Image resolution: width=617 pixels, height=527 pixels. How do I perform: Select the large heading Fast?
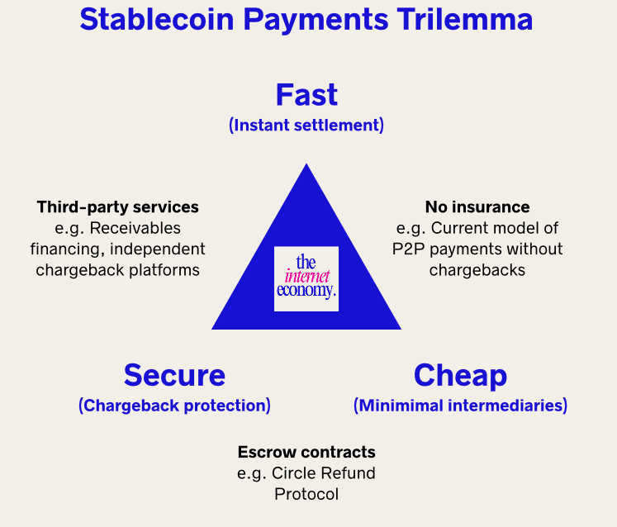pos(306,94)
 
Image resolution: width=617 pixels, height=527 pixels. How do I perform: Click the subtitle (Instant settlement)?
pos(306,126)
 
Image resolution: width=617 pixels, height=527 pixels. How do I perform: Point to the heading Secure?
pos(174,375)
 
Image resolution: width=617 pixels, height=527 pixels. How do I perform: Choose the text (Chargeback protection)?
pos(174,406)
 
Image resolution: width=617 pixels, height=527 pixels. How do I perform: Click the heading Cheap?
pos(460,375)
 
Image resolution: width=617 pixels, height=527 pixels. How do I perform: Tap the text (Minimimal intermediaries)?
pos(460,406)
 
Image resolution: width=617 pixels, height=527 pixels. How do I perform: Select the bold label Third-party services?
pos(118,207)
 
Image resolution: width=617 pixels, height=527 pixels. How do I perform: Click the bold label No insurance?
pos(477,207)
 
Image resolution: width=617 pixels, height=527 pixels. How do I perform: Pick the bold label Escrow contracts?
pos(306,452)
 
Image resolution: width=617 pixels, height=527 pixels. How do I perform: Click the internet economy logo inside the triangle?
pos(306,278)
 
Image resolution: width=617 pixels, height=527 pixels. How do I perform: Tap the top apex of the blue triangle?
pos(306,166)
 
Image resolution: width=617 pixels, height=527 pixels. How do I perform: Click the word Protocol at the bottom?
pos(306,494)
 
